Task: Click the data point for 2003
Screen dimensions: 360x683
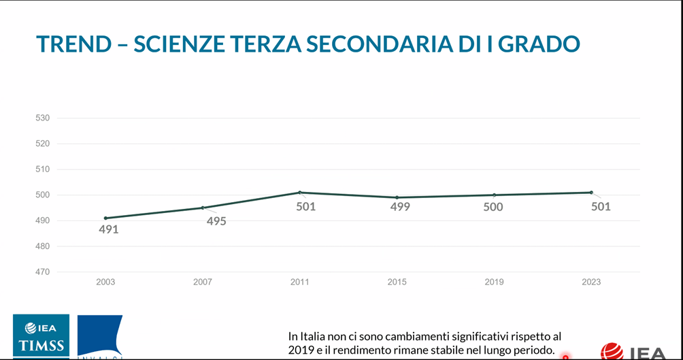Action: click(x=105, y=218)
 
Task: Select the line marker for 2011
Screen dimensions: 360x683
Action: click(x=299, y=193)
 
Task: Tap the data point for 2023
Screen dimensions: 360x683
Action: click(x=591, y=193)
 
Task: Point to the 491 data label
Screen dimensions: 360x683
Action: click(x=108, y=230)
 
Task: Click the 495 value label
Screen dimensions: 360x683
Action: click(x=216, y=221)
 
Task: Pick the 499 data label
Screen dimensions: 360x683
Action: click(x=400, y=207)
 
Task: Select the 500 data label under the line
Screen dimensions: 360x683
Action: click(x=493, y=207)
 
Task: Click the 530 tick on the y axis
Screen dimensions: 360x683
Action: click(x=43, y=118)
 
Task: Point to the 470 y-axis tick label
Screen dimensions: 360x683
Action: click(x=43, y=272)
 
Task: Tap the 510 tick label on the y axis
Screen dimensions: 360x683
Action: click(x=43, y=169)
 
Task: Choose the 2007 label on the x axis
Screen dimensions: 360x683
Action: click(x=203, y=282)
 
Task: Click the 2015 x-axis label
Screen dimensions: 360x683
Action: click(x=397, y=282)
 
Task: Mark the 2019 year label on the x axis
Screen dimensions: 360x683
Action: click(x=494, y=282)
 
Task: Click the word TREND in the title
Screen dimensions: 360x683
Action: click(x=73, y=44)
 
